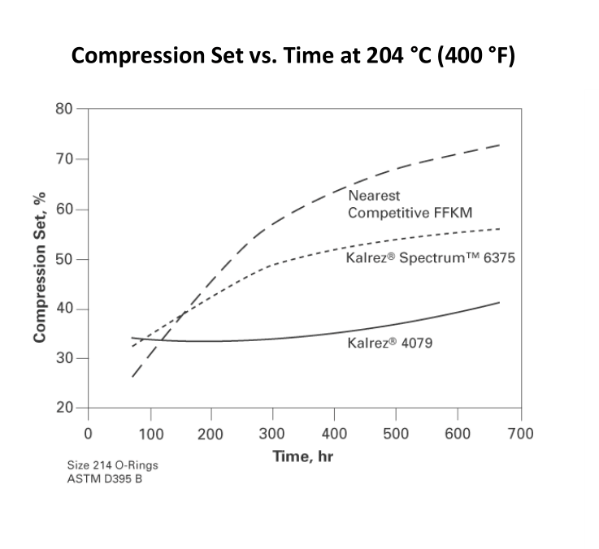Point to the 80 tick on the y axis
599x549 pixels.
(x=64, y=109)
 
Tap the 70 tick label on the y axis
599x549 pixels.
(x=64, y=159)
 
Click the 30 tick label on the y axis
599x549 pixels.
(x=64, y=359)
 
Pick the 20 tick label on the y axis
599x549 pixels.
(x=64, y=409)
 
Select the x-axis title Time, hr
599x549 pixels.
(x=302, y=456)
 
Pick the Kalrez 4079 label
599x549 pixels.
(x=389, y=343)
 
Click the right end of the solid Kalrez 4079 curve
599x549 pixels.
(x=499, y=302)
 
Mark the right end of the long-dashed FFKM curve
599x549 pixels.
(x=499, y=145)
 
